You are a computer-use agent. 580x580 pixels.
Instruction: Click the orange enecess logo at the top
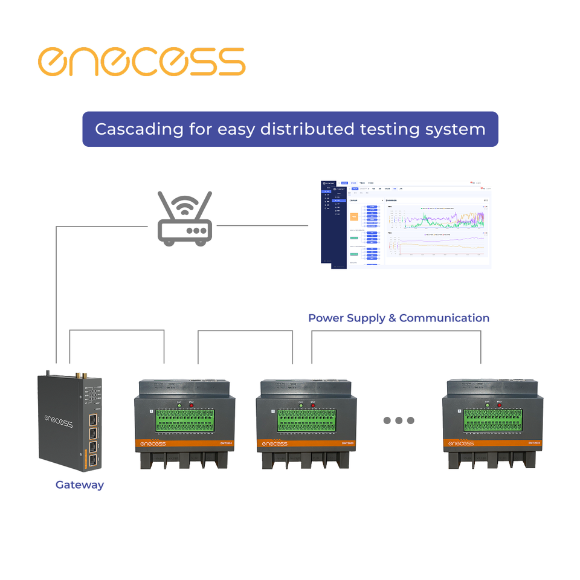pyautogui.click(x=141, y=61)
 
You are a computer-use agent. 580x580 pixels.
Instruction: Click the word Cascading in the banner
pyautogui.click(x=130, y=129)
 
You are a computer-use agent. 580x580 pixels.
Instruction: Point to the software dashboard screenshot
pyautogui.click(x=405, y=224)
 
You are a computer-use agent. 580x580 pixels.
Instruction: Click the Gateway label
pyautogui.click(x=80, y=485)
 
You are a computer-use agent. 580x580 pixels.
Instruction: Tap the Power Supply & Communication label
pyautogui.click(x=399, y=318)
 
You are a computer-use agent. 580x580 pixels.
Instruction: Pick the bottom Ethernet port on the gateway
pyautogui.click(x=94, y=462)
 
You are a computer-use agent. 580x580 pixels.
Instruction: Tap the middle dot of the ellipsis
pyautogui.click(x=399, y=420)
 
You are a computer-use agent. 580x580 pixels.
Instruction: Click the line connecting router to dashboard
pyautogui.click(x=262, y=226)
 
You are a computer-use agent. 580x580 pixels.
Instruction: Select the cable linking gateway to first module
pyautogui.click(x=117, y=330)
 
